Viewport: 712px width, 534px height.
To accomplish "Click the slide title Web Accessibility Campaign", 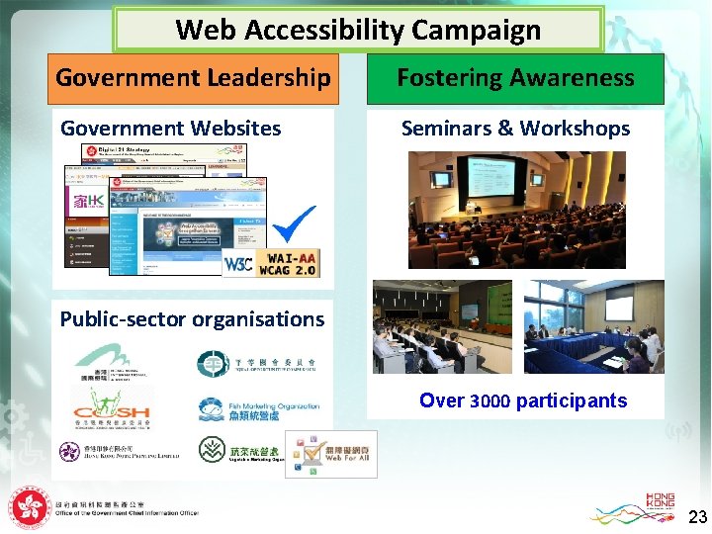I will pos(358,30).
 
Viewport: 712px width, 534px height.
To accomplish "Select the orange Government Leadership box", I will pos(193,78).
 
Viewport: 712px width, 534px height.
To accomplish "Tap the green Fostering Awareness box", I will pos(515,78).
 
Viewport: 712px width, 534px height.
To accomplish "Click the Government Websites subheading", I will pos(171,129).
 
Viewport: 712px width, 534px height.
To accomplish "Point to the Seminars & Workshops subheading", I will pos(515,129).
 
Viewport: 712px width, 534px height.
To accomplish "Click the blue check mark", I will pos(294,224).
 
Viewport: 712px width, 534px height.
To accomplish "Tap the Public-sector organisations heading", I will pos(192,319).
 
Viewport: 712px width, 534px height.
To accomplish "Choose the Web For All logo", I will pos(330,455).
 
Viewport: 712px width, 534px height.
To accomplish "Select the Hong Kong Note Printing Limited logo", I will pos(119,452).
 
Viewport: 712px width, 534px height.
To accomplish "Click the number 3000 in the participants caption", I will pos(491,401).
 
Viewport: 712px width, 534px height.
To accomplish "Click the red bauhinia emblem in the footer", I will pos(30,507).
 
